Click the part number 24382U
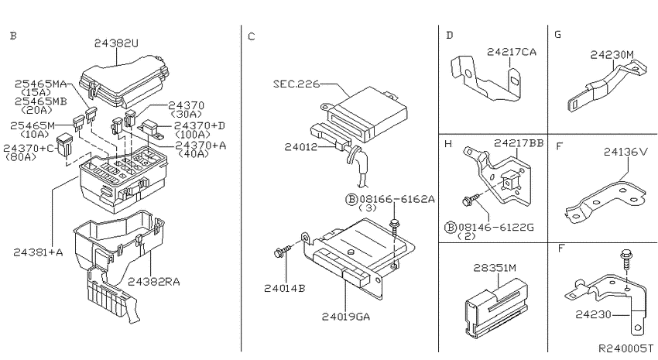[x=116, y=43]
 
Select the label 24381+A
[x=38, y=252]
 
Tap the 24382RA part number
[x=154, y=282]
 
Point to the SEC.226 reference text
[x=296, y=84]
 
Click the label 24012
[x=301, y=147]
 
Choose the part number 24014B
[x=285, y=289]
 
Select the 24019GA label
[x=346, y=317]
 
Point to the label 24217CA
[x=512, y=52]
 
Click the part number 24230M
[x=612, y=54]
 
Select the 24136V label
[x=626, y=152]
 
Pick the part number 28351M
[x=495, y=268]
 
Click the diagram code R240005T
[x=625, y=348]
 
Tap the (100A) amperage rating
[x=193, y=135]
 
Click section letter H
[x=448, y=144]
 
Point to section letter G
[x=557, y=34]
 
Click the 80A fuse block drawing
[x=64, y=145]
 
